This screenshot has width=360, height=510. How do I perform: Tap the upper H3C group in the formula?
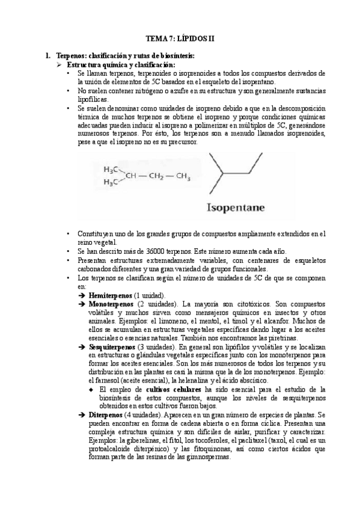tap(112, 169)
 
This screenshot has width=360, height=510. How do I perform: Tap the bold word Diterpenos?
tap(106, 416)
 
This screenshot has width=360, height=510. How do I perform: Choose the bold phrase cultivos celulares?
tap(174, 390)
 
